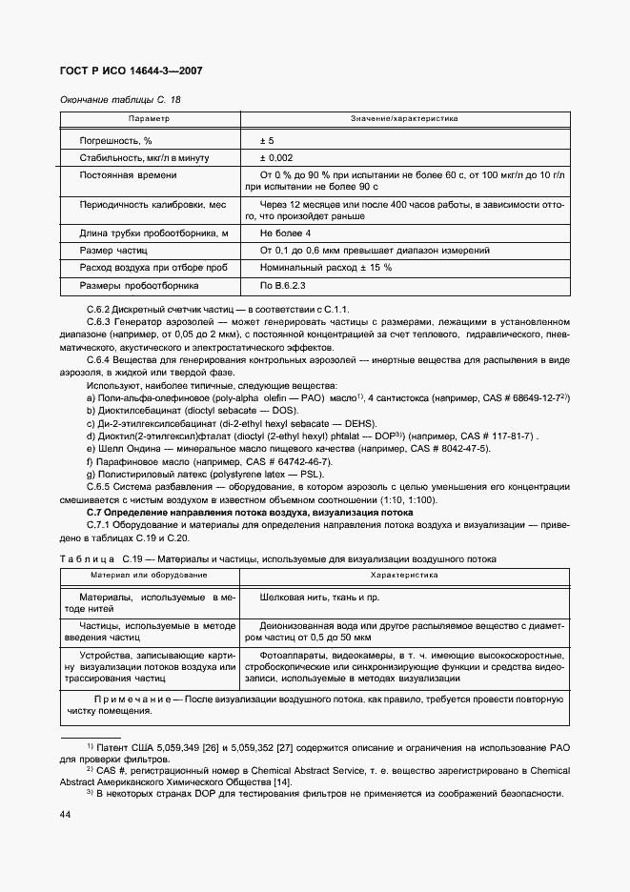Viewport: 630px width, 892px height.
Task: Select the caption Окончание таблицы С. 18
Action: coord(120,100)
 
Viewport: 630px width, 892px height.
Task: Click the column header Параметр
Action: coord(149,119)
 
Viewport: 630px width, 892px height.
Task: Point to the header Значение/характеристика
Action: coord(404,119)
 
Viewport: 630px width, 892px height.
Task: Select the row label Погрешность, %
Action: coord(116,140)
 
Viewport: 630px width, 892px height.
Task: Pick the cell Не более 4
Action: coord(286,233)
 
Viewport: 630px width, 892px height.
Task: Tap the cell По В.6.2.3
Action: coord(283,285)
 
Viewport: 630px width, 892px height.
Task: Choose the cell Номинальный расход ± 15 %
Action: coord(325,268)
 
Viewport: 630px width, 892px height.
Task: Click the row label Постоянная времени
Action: coord(128,175)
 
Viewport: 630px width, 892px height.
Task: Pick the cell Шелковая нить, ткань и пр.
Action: coord(305,597)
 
